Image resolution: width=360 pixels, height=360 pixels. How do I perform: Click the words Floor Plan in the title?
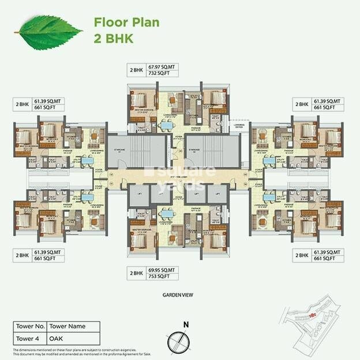pyautogui.click(x=126, y=23)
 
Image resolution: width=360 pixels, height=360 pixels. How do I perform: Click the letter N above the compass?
pyautogui.click(x=184, y=324)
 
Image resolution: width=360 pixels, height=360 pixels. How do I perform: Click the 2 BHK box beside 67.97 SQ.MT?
pyautogui.click(x=137, y=70)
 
